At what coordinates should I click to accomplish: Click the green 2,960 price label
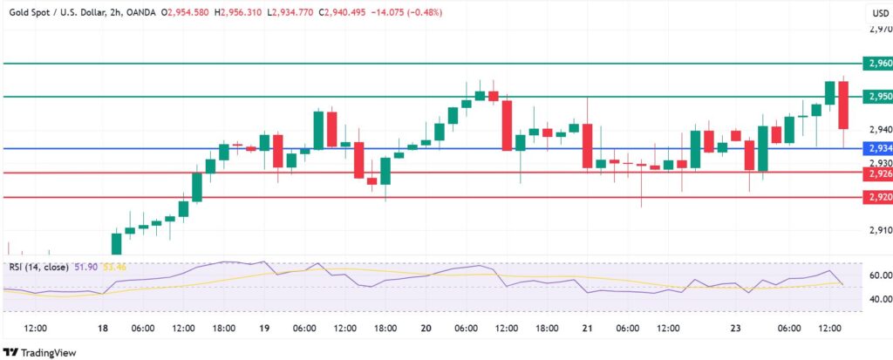tap(879, 64)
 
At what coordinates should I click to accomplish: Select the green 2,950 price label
tap(879, 96)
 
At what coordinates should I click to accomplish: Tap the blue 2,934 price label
tap(879, 148)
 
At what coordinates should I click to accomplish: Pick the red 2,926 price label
tap(879, 173)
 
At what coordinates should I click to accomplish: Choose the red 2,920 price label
tap(879, 198)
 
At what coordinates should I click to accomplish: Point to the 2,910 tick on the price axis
tap(879, 230)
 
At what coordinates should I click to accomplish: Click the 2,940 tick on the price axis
tap(879, 128)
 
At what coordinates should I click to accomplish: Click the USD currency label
tap(880, 13)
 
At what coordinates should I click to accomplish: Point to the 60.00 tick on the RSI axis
tap(880, 275)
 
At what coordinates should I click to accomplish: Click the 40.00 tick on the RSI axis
tap(880, 298)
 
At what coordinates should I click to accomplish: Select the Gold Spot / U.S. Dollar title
tap(61, 13)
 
